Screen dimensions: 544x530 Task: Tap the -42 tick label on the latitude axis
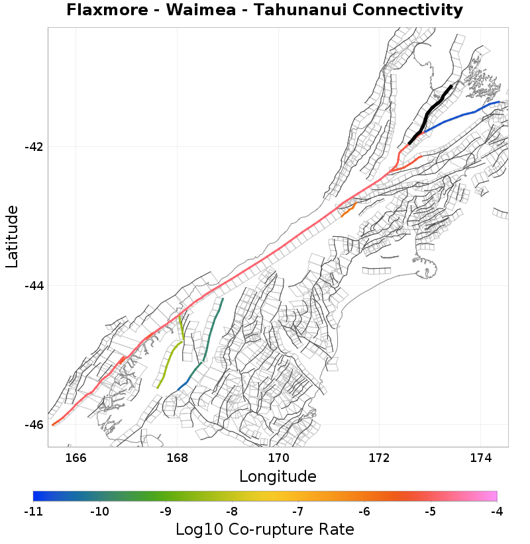click(34, 147)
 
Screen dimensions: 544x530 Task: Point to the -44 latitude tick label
click(34, 286)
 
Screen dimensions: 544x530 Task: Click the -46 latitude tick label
click(34, 425)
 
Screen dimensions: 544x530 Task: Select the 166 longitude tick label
click(76, 457)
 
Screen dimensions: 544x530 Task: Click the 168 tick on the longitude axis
click(178, 457)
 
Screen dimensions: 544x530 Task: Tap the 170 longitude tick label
click(278, 457)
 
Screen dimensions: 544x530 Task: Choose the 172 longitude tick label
click(380, 457)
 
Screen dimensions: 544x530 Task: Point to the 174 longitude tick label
click(480, 457)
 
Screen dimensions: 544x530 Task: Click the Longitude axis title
click(278, 476)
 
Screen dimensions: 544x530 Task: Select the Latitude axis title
click(12, 236)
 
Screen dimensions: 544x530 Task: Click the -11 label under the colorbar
click(33, 511)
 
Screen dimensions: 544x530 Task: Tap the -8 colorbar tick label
click(232, 511)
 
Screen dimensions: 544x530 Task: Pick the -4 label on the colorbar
click(496, 511)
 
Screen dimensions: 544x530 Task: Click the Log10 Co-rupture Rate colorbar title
click(265, 529)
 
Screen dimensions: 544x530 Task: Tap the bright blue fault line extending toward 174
click(464, 114)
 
